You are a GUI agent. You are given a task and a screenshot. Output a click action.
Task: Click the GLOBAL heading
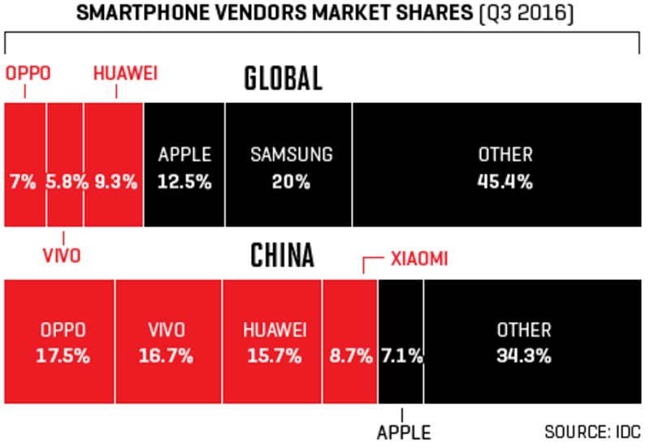284,79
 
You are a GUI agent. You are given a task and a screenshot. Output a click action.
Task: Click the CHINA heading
282,256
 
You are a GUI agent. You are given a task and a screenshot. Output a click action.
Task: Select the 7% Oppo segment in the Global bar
25,165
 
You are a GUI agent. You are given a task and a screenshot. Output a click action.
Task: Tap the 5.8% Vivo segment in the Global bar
65,165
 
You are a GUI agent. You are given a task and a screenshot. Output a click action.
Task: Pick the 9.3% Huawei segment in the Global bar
113,165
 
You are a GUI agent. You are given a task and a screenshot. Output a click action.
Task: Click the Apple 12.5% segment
184,165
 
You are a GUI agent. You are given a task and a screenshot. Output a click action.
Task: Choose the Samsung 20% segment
288,165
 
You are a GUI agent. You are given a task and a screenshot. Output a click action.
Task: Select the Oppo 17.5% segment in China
60,342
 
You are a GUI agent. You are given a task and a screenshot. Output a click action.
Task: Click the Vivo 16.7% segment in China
168,342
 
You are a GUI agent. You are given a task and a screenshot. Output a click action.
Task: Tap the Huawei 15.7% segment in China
273,342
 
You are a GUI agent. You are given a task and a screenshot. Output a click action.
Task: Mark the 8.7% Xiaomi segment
350,342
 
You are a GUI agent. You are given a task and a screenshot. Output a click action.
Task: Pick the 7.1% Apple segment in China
401,342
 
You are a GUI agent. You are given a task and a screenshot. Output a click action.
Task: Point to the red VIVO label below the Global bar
61,256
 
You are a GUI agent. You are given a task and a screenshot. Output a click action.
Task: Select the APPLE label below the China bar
403,431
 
